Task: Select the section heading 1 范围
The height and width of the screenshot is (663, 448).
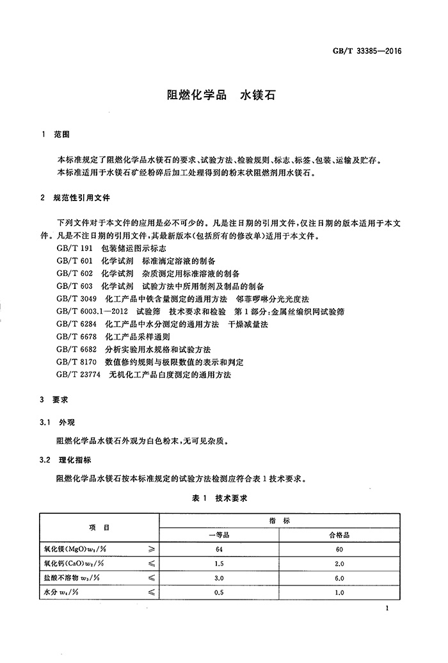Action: (x=54, y=136)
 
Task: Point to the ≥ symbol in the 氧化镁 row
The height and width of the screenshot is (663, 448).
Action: (x=151, y=549)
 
